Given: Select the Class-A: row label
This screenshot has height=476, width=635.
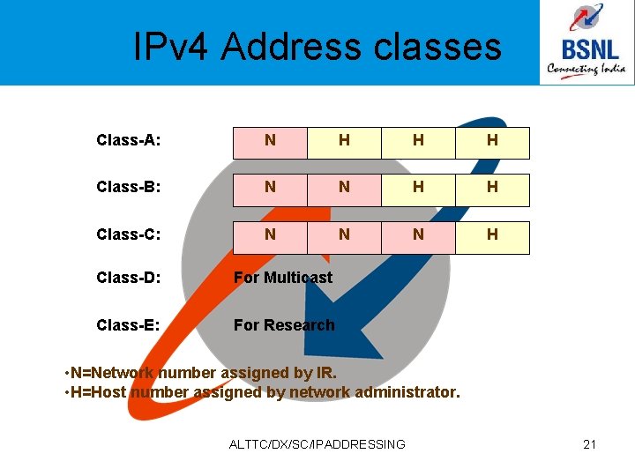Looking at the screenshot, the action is pos(134,140).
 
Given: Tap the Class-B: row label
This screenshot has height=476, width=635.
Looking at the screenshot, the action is pos(134,187).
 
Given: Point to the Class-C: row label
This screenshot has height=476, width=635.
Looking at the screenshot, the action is pos(134,234).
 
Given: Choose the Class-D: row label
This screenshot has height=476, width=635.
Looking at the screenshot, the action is pos(134,278).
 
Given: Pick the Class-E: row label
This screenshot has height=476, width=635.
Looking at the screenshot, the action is pos(134,324).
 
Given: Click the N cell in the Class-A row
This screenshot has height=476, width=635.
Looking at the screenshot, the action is pos(270,141).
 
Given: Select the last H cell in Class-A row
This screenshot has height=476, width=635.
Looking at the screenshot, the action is pos(492,141).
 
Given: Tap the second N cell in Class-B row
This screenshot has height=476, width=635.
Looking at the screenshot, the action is pos(344,188).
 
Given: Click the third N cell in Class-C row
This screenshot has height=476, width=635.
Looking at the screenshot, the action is pos(418,235).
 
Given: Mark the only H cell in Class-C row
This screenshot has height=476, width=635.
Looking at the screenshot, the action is pos(492,235).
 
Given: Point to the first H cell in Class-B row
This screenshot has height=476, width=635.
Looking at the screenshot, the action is pos(418,188).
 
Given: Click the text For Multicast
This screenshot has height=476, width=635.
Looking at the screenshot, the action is pos(283,278).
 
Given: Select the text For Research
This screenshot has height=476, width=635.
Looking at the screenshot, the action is pos(284,324).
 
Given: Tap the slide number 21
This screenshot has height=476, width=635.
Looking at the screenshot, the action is pos(590,444).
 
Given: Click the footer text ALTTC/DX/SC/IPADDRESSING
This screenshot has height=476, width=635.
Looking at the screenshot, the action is pos(317,444).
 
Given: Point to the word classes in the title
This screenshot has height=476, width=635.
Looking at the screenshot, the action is pos(437,46).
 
